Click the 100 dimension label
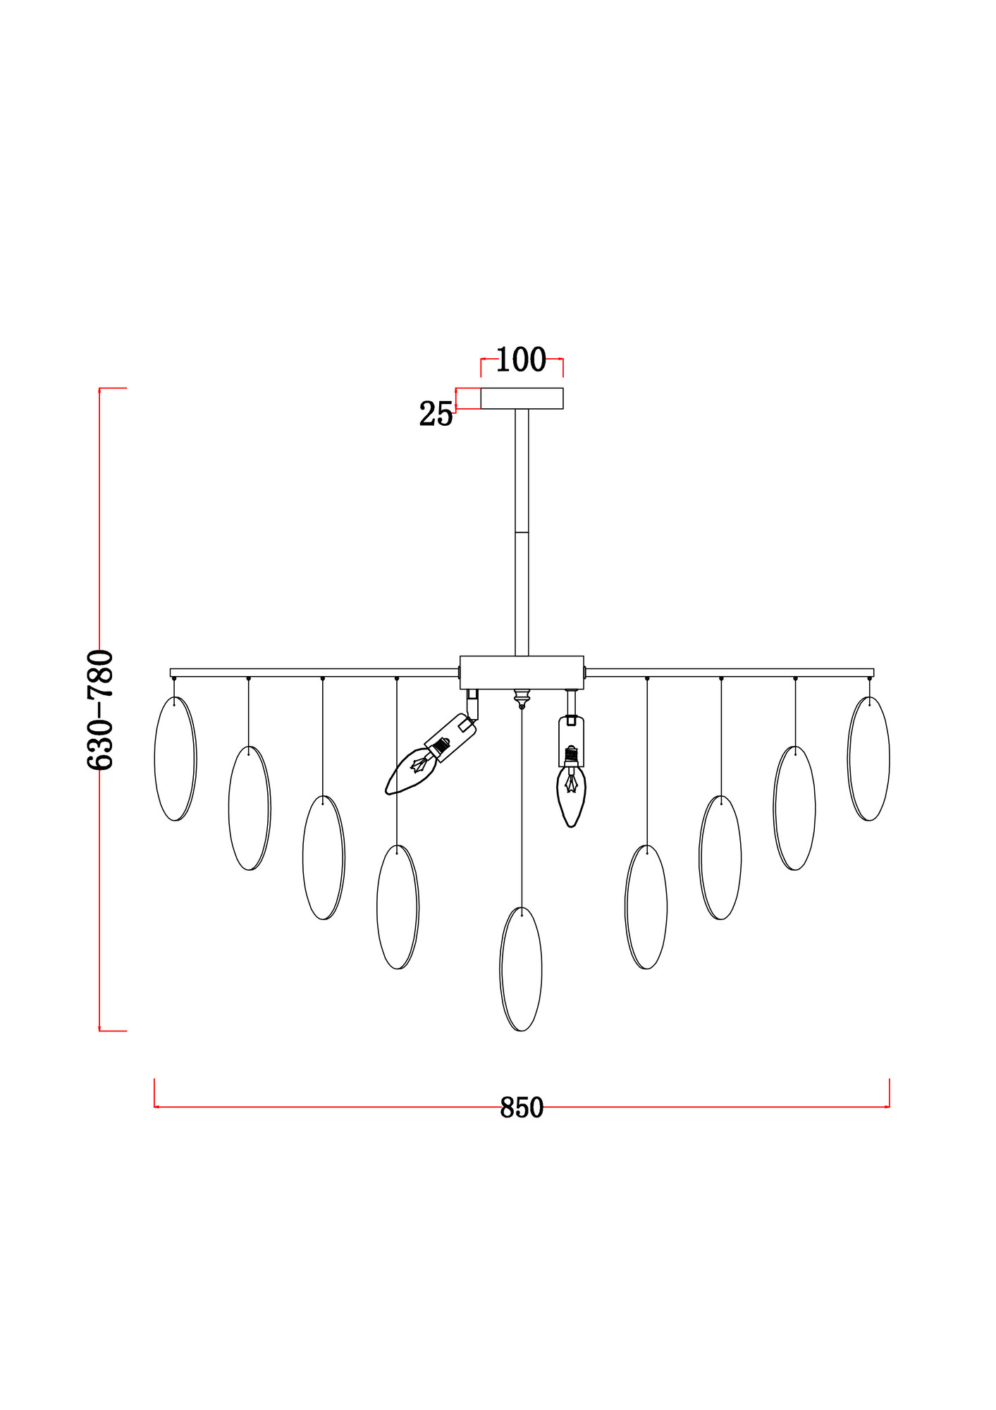(x=521, y=360)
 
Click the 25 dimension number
(x=436, y=415)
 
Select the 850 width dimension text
(x=522, y=1108)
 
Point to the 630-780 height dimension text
(x=99, y=709)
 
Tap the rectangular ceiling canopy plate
(x=522, y=398)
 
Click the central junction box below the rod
(x=522, y=672)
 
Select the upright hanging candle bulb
(x=572, y=795)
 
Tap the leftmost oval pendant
(x=176, y=759)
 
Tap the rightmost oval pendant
(x=868, y=759)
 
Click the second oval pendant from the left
(x=250, y=808)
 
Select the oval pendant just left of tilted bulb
(x=398, y=907)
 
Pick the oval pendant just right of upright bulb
(x=646, y=907)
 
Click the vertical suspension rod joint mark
(x=522, y=532)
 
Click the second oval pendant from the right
(x=794, y=808)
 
